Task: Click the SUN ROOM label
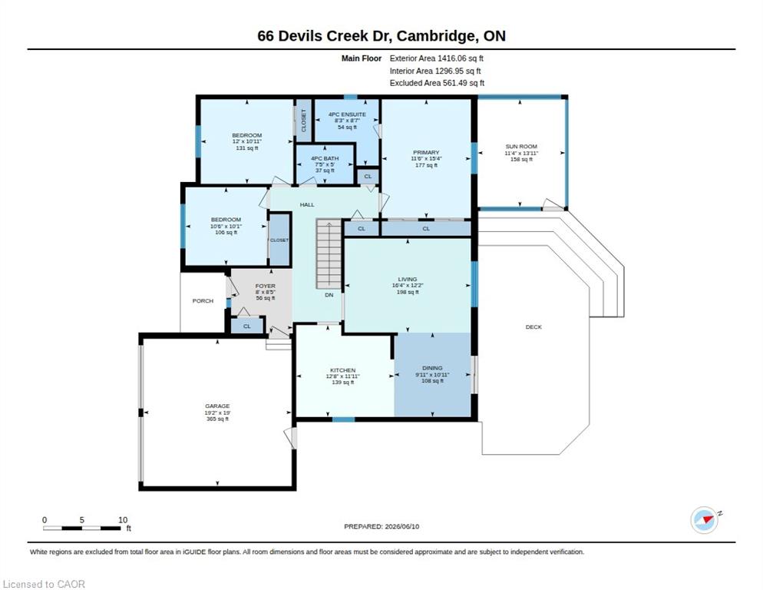coord(521,147)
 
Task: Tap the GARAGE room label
coord(217,406)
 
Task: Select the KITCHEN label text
coord(342,370)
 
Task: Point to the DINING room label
coord(432,368)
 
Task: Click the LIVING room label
coord(408,279)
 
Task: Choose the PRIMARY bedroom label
coord(426,153)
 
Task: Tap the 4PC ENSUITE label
coord(347,114)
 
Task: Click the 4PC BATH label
coord(325,158)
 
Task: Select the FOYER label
coord(265,286)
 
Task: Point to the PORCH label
coord(203,301)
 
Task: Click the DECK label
coord(533,327)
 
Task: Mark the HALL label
coord(307,204)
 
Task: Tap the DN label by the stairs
coord(329,295)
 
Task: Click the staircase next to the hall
coord(329,254)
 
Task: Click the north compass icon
coord(705,520)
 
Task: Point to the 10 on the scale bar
coord(123,520)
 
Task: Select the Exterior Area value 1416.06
coord(452,58)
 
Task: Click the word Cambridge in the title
coord(438,36)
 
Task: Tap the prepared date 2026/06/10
coord(402,527)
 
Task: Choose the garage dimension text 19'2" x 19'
coord(217,413)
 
